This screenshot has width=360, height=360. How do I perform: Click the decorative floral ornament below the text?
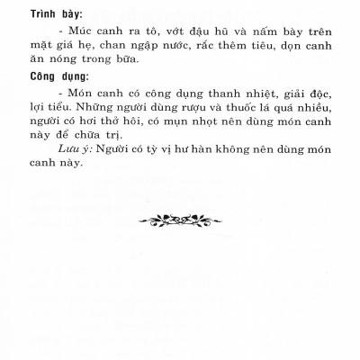point(179,218)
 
